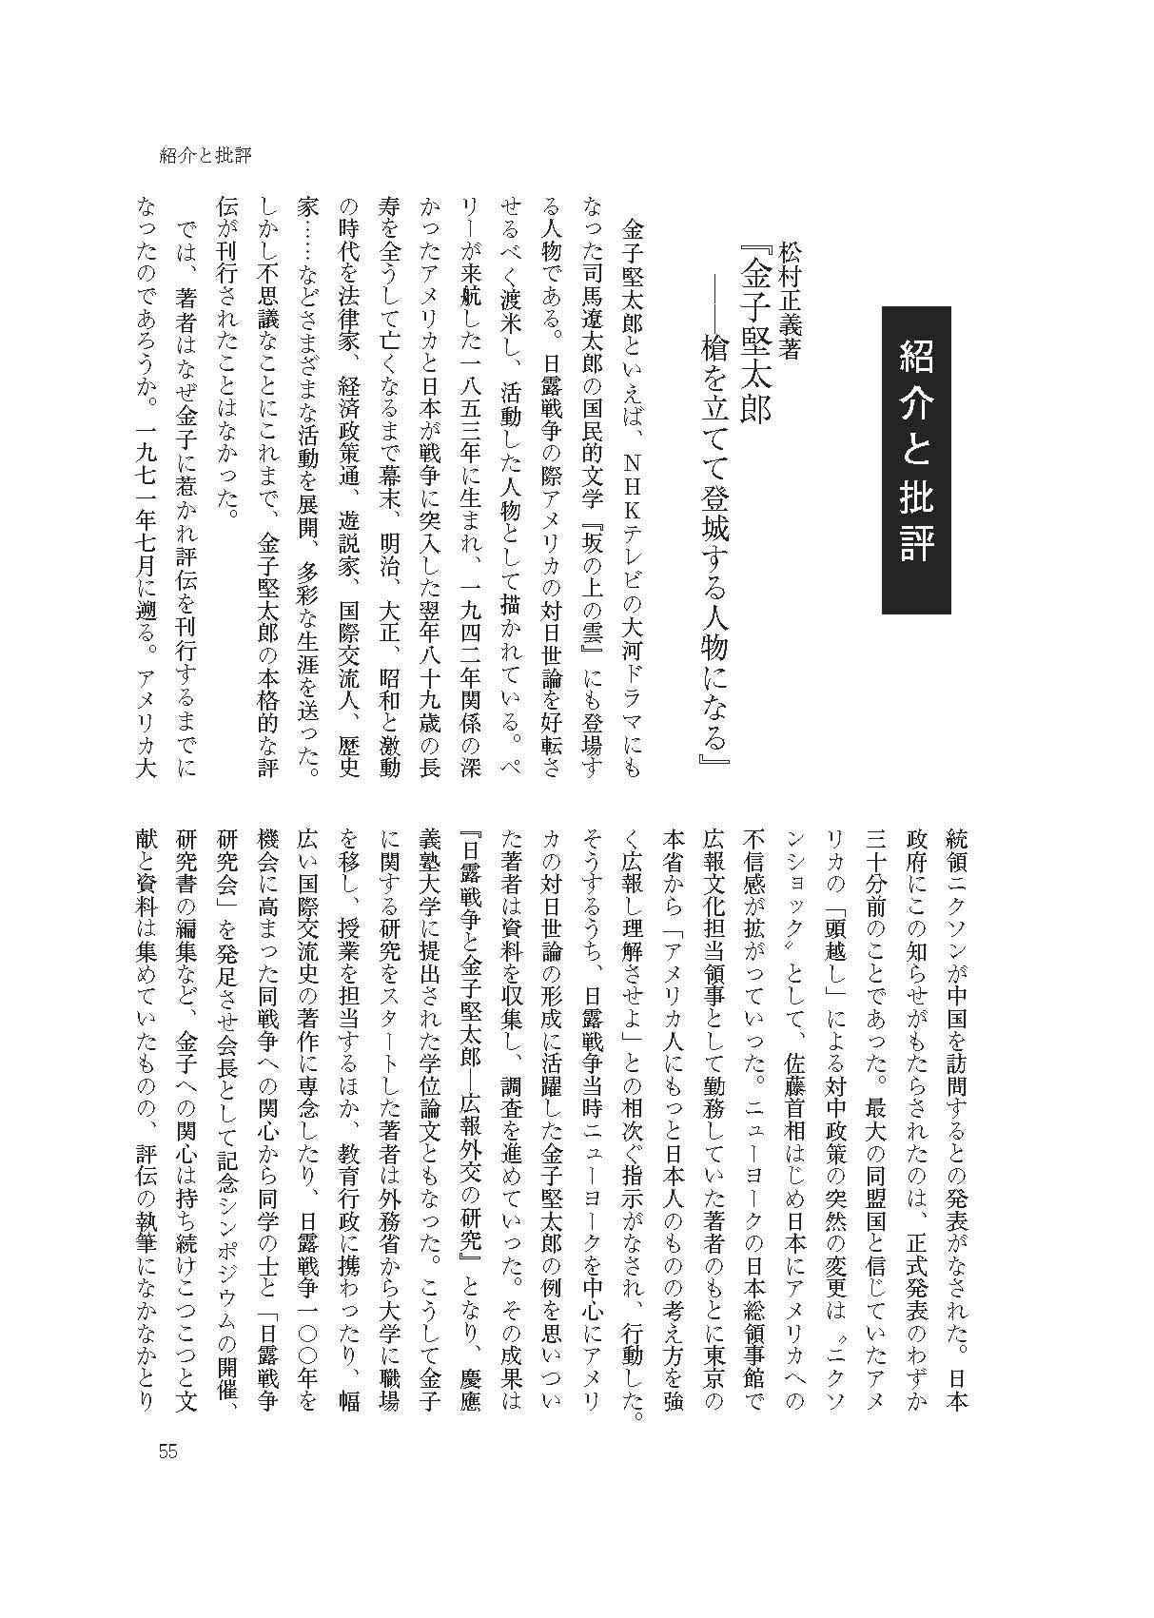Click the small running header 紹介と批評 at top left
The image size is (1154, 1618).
click(x=205, y=155)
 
